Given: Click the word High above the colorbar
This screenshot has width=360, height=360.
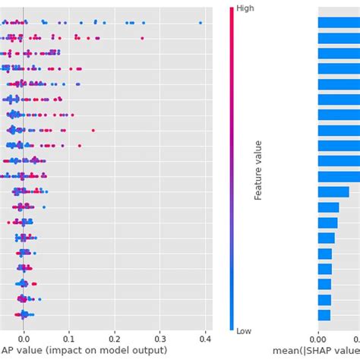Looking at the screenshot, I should coord(245,8).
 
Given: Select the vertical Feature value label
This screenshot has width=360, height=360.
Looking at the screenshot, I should coord(258,169).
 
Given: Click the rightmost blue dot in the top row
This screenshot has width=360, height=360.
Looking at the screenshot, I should coord(201,23).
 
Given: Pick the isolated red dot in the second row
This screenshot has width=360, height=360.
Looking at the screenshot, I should coord(142,38).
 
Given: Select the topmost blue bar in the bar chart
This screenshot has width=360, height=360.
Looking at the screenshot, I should coord(339,23).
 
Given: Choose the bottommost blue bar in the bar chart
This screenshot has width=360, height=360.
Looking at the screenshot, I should coord(324,315).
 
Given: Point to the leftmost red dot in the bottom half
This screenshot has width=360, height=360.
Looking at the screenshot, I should coord(9,223).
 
